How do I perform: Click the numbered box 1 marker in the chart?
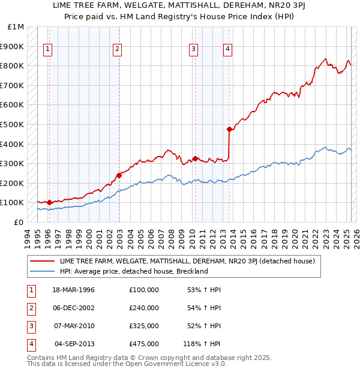[x=48, y=50]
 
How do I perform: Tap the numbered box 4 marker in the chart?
[x=228, y=50]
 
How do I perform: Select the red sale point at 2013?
[x=229, y=129]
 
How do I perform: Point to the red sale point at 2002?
[x=119, y=175]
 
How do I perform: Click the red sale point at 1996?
[x=49, y=202]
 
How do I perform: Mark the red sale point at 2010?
[x=195, y=159]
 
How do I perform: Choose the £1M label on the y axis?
[x=16, y=27]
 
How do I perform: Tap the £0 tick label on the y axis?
[x=19, y=222]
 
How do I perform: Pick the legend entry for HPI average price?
[x=133, y=271]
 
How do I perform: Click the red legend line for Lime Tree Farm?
[x=42, y=261]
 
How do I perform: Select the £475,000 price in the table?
[x=143, y=344]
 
